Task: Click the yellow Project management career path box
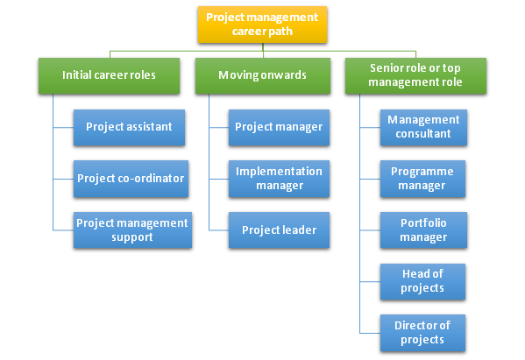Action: pyautogui.click(x=262, y=25)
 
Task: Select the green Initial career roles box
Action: pyautogui.click(x=109, y=75)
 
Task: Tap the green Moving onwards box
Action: pyautogui.click(x=262, y=75)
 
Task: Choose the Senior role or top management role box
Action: pyautogui.click(x=415, y=75)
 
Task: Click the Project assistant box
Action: pyautogui.click(x=129, y=127)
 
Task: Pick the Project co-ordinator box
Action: pyautogui.click(x=129, y=178)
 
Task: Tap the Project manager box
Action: pyautogui.click(x=279, y=127)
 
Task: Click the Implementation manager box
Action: pyautogui.click(x=279, y=178)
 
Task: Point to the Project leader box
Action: pyautogui.click(x=279, y=229)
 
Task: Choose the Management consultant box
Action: pyautogui.click(x=423, y=127)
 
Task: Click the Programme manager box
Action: pyautogui.click(x=423, y=178)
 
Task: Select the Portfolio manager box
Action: pyautogui.click(x=423, y=229)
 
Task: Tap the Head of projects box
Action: pyautogui.click(x=423, y=281)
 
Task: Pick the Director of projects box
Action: pyautogui.click(x=423, y=333)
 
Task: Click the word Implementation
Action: pyautogui.click(x=279, y=171)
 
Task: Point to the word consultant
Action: pyautogui.click(x=423, y=134)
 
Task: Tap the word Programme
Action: pyautogui.click(x=423, y=171)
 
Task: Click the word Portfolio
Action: pyautogui.click(x=423, y=222)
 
